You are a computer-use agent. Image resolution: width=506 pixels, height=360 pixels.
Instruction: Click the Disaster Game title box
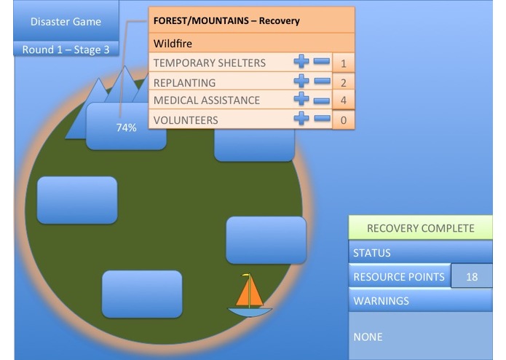tap(66, 21)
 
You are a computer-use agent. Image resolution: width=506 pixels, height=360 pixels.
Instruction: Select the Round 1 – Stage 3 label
tap(66, 50)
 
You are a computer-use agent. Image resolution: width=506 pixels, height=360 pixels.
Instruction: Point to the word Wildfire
tap(173, 44)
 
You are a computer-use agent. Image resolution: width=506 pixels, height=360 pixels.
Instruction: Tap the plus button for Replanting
tap(301, 82)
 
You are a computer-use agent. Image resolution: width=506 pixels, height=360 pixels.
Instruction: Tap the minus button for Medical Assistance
tap(321, 100)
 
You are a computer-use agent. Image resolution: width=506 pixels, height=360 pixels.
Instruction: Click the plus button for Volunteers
tap(301, 119)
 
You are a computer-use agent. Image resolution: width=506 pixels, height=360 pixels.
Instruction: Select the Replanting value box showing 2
tap(343, 82)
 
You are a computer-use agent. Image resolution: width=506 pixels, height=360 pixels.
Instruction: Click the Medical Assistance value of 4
tap(343, 101)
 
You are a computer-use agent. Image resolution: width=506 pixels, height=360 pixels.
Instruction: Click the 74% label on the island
tap(126, 127)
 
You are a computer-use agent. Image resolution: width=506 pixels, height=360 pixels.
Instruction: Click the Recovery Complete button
tap(420, 228)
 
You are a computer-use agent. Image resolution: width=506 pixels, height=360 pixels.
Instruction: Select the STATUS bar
tap(420, 253)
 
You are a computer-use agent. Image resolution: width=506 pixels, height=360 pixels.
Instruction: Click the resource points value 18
tap(472, 277)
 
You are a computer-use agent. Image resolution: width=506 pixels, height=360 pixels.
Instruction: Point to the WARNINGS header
tap(420, 300)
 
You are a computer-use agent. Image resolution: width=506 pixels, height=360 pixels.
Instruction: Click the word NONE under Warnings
tap(368, 337)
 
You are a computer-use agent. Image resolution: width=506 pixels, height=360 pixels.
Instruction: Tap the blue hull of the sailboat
tap(250, 312)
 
